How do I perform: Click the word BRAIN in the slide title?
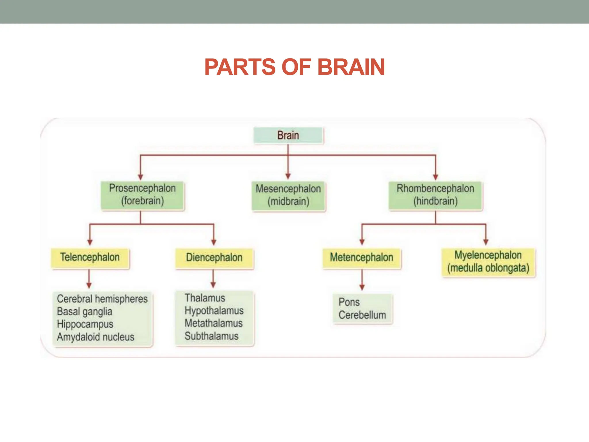[x=351, y=67]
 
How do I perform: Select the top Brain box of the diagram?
[x=288, y=135]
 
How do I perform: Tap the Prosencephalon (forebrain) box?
[x=142, y=195]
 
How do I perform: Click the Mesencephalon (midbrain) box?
[x=288, y=195]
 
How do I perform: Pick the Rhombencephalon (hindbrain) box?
[x=435, y=195]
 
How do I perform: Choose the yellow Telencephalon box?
[x=90, y=257]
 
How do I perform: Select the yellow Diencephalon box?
[x=214, y=258]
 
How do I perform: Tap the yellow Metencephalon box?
[x=362, y=258]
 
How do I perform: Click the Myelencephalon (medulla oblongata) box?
[x=488, y=262]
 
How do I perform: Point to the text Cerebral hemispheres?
[x=102, y=299]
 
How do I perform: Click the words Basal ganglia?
[x=85, y=312]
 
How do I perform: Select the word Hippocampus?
[x=85, y=324]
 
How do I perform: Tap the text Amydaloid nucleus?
[x=95, y=337]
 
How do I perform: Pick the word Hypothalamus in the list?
[x=214, y=311]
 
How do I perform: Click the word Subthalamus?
[x=211, y=336]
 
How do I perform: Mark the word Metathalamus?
[x=213, y=323]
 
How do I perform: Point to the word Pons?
[x=349, y=302]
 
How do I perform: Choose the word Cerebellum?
[x=362, y=315]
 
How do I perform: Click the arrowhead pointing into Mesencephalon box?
[x=288, y=176]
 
